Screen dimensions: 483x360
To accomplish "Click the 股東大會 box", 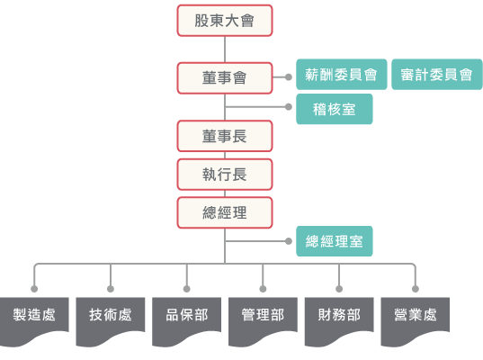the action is point(225,21).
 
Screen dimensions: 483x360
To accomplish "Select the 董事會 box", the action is point(225,78).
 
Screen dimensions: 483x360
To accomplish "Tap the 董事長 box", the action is point(225,136).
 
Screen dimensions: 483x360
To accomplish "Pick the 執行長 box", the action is point(225,175).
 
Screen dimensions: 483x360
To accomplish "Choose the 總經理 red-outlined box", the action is point(225,212).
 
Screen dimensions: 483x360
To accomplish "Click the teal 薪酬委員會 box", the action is point(341,75).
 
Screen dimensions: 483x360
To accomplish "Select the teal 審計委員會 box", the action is point(436,75).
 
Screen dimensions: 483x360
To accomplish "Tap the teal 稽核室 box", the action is point(335,109).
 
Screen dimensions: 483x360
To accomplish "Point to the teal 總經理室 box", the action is point(335,241).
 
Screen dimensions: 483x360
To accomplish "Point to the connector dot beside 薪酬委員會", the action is point(289,77).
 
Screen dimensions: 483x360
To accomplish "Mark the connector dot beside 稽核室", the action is point(289,107).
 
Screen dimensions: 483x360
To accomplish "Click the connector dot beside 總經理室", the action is point(289,241).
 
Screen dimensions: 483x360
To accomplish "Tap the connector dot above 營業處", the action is point(416,289).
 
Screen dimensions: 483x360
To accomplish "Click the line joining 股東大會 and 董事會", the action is point(225,49).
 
